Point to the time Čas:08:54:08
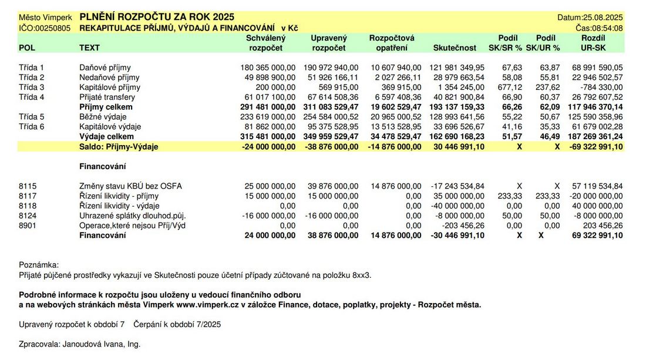[599, 28]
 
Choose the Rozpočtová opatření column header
[392, 43]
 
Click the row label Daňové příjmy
[105, 68]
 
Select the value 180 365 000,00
[268, 68]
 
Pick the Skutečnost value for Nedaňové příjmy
[455, 78]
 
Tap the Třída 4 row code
[32, 97]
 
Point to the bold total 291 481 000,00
[268, 107]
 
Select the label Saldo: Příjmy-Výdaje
[120, 147]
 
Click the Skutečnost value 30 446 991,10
[456, 147]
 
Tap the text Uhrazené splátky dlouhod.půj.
[132, 216]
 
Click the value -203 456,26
[460, 226]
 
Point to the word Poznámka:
[39, 265]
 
